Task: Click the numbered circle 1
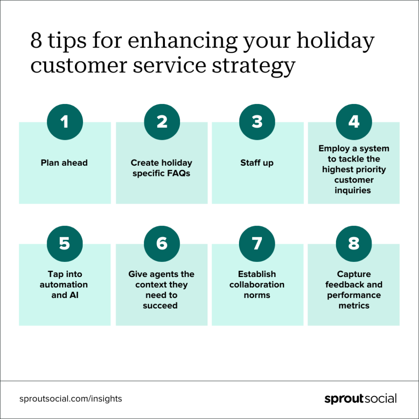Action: pos(65,122)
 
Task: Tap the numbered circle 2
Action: pos(162,122)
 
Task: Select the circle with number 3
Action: pos(257,122)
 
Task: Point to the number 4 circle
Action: pos(354,122)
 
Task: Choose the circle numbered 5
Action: pos(65,244)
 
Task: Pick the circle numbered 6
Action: pos(162,244)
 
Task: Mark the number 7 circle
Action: pos(257,244)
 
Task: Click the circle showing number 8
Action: pos(354,244)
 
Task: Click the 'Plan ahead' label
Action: pos(64,163)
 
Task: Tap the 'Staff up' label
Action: pos(257,163)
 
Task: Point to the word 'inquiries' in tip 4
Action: pos(353,191)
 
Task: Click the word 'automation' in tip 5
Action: pos(63,285)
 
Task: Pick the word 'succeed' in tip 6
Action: pos(160,306)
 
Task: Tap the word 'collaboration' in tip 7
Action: pos(257,285)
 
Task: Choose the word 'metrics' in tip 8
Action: pos(354,306)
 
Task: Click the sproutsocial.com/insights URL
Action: pos(70,399)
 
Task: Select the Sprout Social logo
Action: pos(360,399)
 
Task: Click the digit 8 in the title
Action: pos(36,41)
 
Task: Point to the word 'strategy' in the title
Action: pos(254,66)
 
